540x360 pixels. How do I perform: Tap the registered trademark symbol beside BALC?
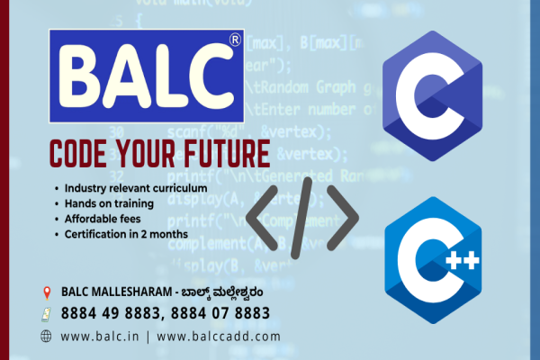point(235,40)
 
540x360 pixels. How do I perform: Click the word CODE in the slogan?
point(83,150)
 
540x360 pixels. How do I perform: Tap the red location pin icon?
point(47,292)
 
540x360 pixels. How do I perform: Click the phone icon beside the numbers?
point(47,314)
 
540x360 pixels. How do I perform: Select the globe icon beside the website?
point(47,336)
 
